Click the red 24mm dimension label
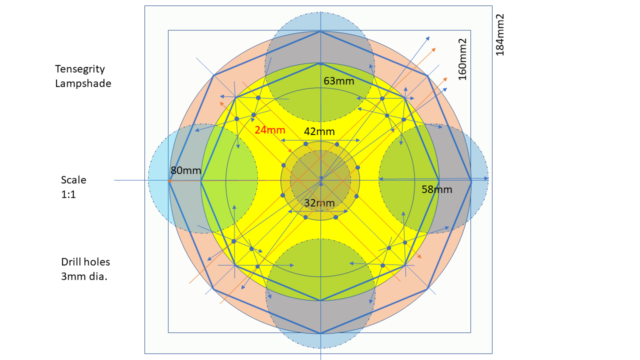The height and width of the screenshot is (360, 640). (x=269, y=130)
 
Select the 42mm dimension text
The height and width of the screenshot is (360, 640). (x=319, y=132)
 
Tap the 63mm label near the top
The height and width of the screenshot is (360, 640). (x=339, y=80)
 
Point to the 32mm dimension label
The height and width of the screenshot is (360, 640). (x=319, y=203)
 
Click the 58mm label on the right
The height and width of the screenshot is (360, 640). (x=437, y=189)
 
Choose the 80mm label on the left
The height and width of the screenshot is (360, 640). (x=185, y=170)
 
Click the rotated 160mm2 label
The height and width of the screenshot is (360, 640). (x=462, y=59)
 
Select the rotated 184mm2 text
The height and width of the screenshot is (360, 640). (x=499, y=34)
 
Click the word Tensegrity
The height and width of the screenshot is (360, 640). (x=80, y=69)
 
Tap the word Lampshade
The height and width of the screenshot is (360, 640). (x=83, y=83)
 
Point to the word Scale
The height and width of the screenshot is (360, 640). (x=73, y=179)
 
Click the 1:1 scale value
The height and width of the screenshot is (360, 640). (x=68, y=194)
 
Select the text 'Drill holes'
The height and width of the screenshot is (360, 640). (x=85, y=262)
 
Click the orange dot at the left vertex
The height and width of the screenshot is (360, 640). (x=170, y=181)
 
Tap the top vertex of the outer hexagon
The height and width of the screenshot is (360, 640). (x=320, y=31)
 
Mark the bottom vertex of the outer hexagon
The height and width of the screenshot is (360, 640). (x=320, y=333)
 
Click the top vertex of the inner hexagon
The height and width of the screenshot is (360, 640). (x=320, y=63)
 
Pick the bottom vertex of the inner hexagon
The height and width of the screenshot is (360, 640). (x=320, y=300)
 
